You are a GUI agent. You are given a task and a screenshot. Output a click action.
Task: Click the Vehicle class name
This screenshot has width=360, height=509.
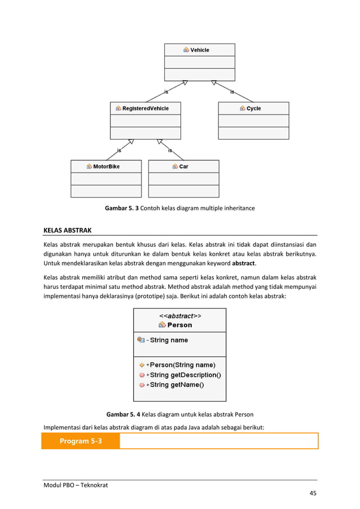[200, 50]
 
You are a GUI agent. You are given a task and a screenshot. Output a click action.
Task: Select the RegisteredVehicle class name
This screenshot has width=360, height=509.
[145, 108]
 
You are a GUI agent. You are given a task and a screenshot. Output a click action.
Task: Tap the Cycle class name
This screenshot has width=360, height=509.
[253, 108]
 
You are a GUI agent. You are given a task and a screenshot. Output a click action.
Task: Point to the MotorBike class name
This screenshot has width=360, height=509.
[106, 166]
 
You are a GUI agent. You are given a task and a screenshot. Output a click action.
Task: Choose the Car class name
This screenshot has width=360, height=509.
[183, 166]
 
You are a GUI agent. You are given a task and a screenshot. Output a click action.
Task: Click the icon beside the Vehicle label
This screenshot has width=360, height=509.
[186, 50]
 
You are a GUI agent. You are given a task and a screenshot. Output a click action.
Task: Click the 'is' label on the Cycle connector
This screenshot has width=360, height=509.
[232, 91]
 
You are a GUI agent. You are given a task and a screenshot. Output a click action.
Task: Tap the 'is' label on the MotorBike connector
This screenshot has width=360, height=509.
[118, 150]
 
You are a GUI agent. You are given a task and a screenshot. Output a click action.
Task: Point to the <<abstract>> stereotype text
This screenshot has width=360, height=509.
[179, 315]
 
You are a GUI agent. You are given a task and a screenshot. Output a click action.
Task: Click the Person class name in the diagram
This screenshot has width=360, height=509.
[179, 325]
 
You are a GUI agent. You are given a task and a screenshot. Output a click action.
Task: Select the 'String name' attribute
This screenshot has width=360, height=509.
[169, 340]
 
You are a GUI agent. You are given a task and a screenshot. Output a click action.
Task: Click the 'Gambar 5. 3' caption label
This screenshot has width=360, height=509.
[121, 208]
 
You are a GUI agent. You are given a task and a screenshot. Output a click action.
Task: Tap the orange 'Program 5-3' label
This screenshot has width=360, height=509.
[81, 441]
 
